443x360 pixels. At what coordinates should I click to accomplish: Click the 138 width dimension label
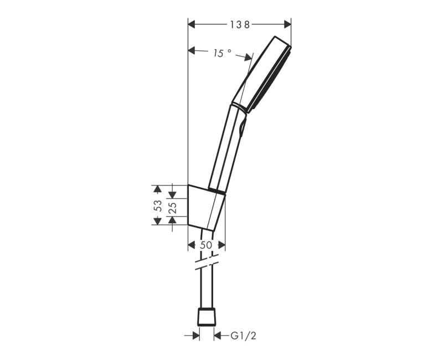240,24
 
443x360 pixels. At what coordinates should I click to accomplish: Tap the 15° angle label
221,53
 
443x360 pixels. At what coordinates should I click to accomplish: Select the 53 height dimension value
158,205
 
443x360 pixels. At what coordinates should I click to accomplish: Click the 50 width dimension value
206,245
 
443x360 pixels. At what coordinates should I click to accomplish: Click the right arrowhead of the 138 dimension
287,24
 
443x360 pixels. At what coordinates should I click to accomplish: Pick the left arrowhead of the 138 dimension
192,24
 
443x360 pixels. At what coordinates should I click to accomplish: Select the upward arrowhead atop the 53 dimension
157,188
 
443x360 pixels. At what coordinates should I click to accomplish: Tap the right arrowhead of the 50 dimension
221,245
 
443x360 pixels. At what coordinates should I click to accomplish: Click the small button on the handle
242,131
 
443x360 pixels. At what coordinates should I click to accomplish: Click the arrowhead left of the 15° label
192,51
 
